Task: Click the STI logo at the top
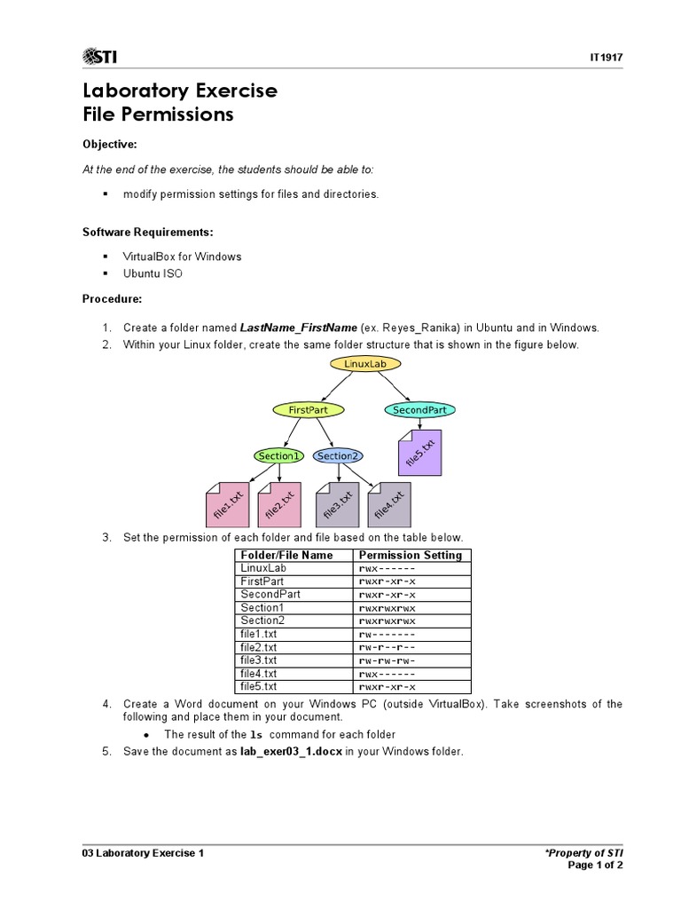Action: pyautogui.click(x=99, y=58)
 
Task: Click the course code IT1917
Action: pyautogui.click(x=606, y=58)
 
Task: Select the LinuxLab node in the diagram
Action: pyautogui.click(x=365, y=364)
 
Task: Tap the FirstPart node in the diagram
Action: pyautogui.click(x=308, y=410)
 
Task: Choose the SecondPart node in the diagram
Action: pyautogui.click(x=419, y=410)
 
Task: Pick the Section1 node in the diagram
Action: pyautogui.click(x=278, y=456)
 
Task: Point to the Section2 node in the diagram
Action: pyautogui.click(x=337, y=456)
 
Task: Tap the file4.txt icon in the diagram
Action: pyautogui.click(x=389, y=505)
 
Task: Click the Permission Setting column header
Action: pyautogui.click(x=410, y=556)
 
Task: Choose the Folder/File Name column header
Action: pyautogui.click(x=286, y=556)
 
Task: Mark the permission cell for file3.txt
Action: pyautogui.click(x=387, y=660)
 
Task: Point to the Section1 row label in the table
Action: pyautogui.click(x=262, y=608)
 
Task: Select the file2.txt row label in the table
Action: pyautogui.click(x=258, y=647)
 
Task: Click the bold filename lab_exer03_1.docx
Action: pyautogui.click(x=291, y=752)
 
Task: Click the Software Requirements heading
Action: pyautogui.click(x=148, y=232)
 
